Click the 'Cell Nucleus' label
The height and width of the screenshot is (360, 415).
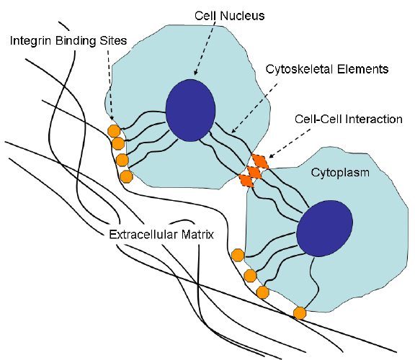pyautogui.click(x=229, y=16)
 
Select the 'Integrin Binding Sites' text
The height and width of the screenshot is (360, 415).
pyautogui.click(x=68, y=41)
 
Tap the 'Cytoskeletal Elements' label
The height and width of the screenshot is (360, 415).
pyautogui.click(x=327, y=69)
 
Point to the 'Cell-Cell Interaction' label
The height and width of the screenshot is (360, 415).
pyautogui.click(x=348, y=119)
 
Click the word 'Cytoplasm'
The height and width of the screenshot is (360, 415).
pyautogui.click(x=340, y=173)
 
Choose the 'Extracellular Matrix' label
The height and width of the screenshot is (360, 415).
pyautogui.click(x=161, y=235)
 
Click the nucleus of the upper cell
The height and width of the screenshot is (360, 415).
pyautogui.click(x=190, y=110)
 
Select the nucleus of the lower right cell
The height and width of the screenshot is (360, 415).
pyautogui.click(x=324, y=228)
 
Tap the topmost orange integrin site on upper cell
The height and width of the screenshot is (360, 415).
pyautogui.click(x=114, y=131)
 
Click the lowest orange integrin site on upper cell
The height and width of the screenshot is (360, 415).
pyautogui.click(x=126, y=176)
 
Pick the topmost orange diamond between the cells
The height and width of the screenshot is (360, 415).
pyautogui.click(x=260, y=161)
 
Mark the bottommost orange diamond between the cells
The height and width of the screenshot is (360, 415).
pyautogui.click(x=246, y=181)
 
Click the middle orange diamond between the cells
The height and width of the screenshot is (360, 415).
pyautogui.click(x=254, y=172)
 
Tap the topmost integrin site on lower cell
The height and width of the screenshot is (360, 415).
pyautogui.click(x=238, y=256)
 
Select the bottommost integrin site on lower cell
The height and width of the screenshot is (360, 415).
pyautogui.click(x=300, y=313)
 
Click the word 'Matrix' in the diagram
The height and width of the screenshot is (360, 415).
pyautogui.click(x=197, y=235)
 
